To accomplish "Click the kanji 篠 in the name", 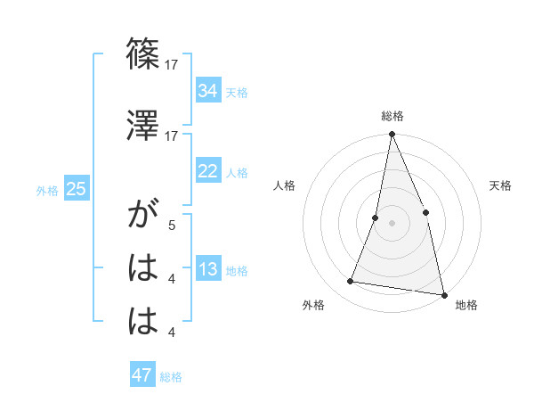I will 144,54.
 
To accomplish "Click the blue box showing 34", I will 207,91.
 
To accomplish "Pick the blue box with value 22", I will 207,171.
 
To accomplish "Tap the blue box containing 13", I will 207,270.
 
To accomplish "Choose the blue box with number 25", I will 76,189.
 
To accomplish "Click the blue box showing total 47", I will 142,375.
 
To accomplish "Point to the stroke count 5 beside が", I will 172,226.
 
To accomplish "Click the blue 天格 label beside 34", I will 237,93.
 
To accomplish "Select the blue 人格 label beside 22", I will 237,173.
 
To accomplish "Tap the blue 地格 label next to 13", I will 237,271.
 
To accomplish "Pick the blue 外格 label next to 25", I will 47,190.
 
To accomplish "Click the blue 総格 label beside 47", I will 171,377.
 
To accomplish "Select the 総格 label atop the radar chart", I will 392,116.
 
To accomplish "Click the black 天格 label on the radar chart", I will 500,185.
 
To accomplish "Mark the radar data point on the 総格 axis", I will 392,135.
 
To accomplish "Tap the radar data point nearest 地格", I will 443,293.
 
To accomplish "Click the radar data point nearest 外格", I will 351,282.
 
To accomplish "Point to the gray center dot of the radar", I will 392,223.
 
